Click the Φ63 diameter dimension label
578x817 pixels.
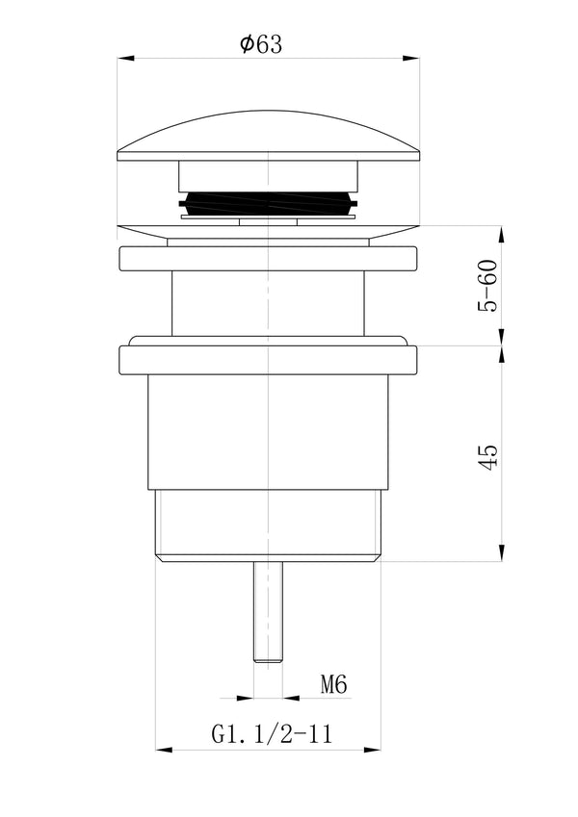click(261, 44)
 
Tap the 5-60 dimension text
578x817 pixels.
click(488, 286)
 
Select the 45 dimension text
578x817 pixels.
click(488, 456)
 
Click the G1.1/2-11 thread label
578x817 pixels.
click(272, 735)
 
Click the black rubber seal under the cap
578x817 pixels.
click(269, 205)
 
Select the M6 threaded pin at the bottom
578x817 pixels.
click(269, 611)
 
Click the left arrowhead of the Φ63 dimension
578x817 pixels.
click(122, 60)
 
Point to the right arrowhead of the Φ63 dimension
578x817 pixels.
click(415, 60)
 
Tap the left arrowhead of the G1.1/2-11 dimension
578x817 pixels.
click(162, 750)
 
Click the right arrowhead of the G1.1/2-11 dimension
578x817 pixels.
click(378, 750)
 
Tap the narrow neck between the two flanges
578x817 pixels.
click(269, 303)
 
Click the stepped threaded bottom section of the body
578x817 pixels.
click(269, 524)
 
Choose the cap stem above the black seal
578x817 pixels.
click(269, 176)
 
